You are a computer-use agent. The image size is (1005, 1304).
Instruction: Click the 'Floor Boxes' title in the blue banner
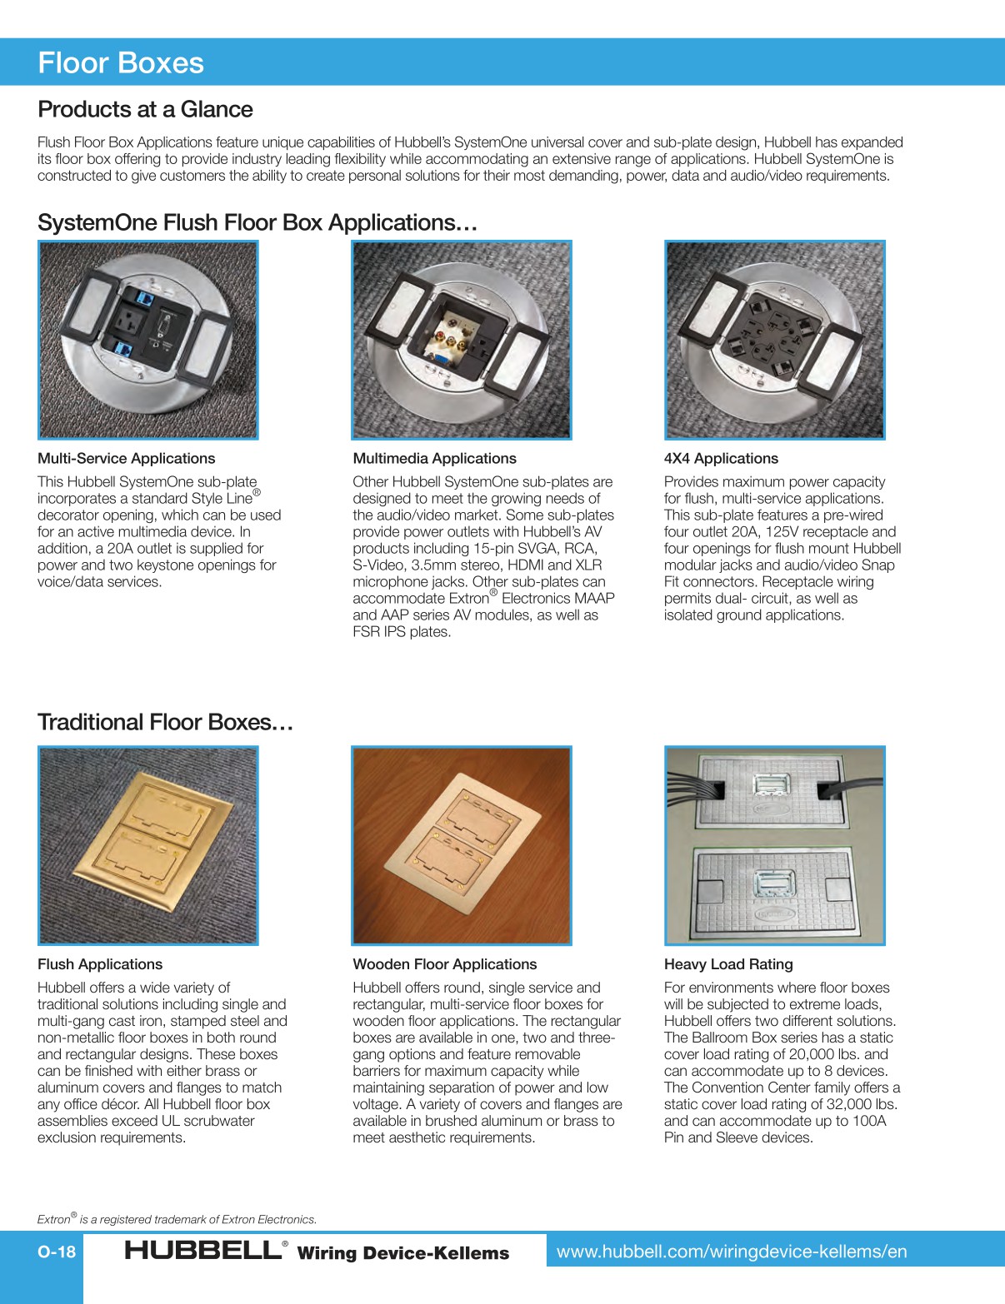tap(121, 63)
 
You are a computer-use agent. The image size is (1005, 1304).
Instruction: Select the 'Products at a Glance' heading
tap(145, 109)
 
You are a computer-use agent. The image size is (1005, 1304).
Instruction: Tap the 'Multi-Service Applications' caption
tap(126, 458)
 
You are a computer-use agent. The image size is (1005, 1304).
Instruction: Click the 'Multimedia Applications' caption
tap(434, 458)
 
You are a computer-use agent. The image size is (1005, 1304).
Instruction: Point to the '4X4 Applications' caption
tap(721, 458)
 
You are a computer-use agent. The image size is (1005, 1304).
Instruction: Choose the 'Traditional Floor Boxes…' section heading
tap(165, 722)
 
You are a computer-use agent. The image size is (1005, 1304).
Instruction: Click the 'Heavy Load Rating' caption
tap(728, 964)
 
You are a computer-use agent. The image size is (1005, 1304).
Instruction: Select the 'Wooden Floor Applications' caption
tap(445, 964)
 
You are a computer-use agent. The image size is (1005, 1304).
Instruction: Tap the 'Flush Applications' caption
tap(100, 964)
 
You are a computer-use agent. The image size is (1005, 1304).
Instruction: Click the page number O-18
tap(57, 1252)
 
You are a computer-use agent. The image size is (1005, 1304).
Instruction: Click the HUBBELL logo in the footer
tap(203, 1250)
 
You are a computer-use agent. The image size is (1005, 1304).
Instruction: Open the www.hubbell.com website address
tap(732, 1252)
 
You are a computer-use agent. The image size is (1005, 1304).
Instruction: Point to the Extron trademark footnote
tap(177, 1219)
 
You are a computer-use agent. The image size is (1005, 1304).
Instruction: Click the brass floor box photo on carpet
tap(148, 845)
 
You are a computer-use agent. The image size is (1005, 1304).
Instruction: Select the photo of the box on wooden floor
tap(462, 845)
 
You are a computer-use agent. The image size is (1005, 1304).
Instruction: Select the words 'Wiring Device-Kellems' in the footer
tap(402, 1253)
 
